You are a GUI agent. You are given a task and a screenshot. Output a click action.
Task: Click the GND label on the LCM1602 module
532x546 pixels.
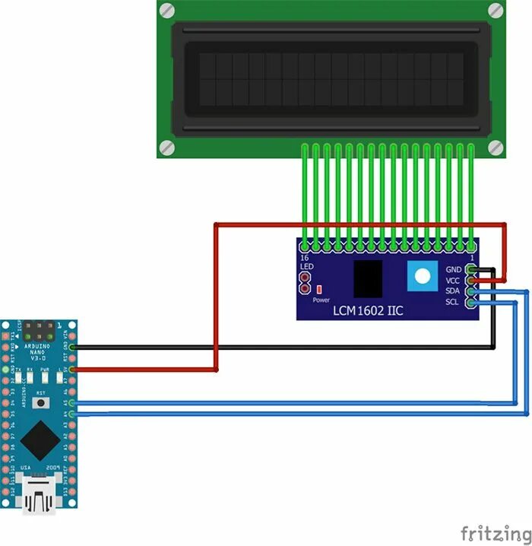click(454, 270)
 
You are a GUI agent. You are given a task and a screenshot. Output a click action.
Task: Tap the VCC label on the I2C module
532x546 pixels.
click(454, 281)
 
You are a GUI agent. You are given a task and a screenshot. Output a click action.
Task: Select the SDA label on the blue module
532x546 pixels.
click(454, 292)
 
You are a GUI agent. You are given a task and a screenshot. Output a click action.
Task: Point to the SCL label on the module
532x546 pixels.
click(454, 303)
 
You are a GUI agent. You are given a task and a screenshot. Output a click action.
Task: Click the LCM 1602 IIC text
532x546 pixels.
click(369, 311)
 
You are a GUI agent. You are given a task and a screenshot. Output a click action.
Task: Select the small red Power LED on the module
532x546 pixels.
click(320, 289)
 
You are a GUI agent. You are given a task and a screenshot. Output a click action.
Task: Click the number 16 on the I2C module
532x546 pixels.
click(305, 259)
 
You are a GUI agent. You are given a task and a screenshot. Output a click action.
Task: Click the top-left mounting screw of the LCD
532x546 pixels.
click(167, 10)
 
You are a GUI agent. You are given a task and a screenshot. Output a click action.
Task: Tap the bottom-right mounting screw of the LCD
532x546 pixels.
click(495, 147)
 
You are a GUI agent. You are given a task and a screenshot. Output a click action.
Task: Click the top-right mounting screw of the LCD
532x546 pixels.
click(495, 10)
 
